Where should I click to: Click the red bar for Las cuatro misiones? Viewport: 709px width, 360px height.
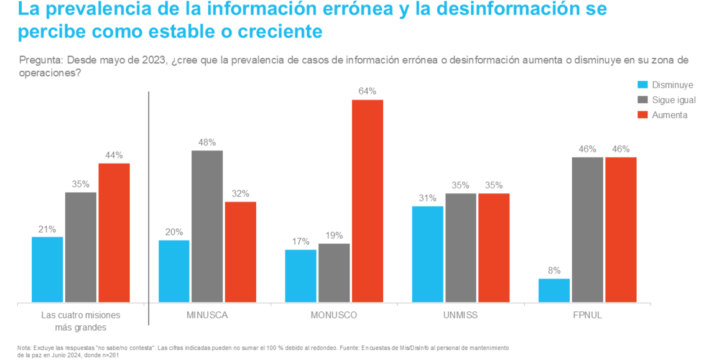coord(114,233)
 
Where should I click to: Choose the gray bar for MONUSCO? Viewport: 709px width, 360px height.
coord(334,273)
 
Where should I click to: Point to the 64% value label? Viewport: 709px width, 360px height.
coord(368,91)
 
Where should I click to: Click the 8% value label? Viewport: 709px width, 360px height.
coord(554,270)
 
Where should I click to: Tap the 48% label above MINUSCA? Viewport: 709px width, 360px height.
coord(207,142)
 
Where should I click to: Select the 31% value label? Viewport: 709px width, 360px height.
coord(427,198)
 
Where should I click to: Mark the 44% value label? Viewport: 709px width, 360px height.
coord(114,155)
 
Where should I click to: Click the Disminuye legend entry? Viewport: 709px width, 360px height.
coord(665,85)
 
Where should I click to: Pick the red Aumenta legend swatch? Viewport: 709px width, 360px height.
coord(644,115)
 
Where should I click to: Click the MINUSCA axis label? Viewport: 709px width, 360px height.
coord(207,315)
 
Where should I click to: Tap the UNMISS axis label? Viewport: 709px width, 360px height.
coord(461,315)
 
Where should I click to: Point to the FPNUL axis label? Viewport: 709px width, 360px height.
coord(588,315)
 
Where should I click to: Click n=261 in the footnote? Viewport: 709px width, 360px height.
coord(107,356)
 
